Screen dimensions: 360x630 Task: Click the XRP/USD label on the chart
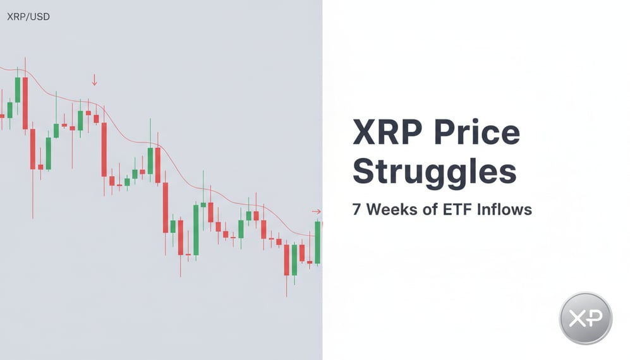point(28,17)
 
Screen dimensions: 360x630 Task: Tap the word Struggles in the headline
point(434,172)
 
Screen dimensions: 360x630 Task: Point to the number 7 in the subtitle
point(357,209)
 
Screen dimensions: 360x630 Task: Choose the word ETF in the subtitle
point(456,209)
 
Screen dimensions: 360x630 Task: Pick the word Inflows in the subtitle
point(505,209)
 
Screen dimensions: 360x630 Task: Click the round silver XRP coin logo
point(586,318)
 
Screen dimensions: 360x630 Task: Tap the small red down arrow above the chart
point(94,80)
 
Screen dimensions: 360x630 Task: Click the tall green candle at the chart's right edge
point(317,243)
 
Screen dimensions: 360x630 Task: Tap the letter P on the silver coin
point(596,318)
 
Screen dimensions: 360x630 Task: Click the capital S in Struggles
point(365,172)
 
